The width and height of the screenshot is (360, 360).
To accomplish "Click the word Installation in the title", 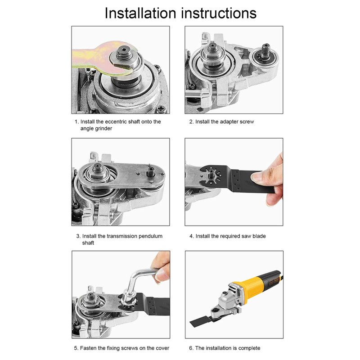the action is point(140,13).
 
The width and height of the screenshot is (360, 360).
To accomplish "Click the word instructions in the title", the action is point(219,13).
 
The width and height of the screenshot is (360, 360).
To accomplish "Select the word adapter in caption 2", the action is point(229,122).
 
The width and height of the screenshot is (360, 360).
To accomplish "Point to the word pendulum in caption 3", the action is point(151,236).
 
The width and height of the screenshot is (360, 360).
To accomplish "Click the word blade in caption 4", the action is point(259,236).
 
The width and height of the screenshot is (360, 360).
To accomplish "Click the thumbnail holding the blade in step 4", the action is point(256,177).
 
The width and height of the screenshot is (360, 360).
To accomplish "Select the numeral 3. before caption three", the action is point(78,236).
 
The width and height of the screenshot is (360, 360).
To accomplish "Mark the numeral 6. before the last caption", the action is point(191,348).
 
